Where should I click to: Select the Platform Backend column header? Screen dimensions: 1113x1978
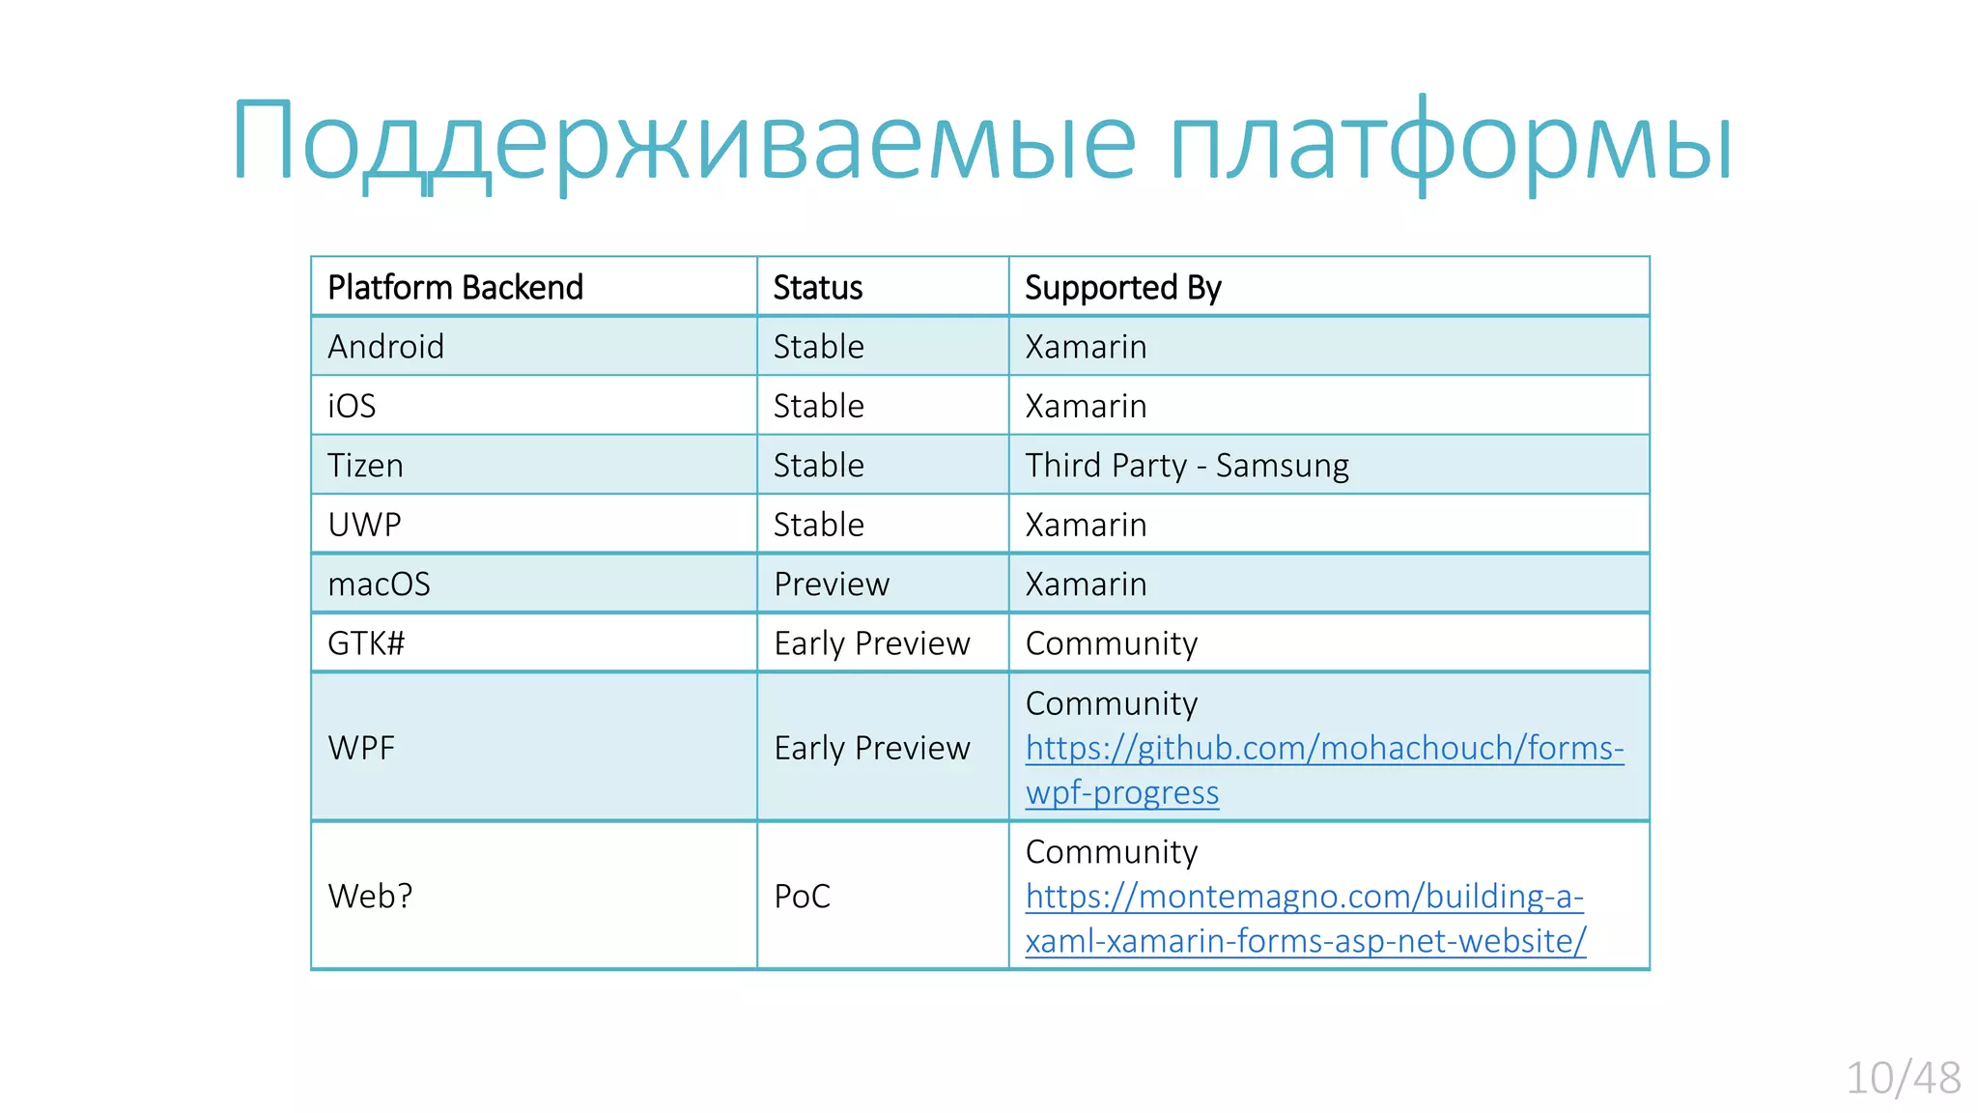click(455, 288)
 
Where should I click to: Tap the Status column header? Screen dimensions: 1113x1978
click(817, 288)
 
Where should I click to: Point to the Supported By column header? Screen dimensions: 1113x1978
click(1122, 288)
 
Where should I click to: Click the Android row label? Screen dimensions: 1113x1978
click(385, 347)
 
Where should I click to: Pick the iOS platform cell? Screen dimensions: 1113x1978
click(352, 406)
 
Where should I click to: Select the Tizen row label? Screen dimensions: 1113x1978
click(365, 466)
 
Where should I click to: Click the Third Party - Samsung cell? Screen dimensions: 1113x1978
click(1186, 466)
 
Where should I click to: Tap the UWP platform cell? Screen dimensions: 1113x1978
click(364, 525)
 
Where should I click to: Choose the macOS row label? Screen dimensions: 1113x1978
click(379, 585)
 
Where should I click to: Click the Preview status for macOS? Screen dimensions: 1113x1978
click(831, 585)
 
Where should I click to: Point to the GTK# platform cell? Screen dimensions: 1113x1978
click(366, 643)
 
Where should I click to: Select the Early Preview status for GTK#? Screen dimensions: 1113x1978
click(871, 643)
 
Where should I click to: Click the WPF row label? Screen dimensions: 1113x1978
click(361, 748)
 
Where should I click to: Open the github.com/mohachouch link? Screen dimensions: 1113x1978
click(1323, 749)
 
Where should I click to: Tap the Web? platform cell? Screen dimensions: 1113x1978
click(370, 897)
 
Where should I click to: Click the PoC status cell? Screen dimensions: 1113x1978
click(802, 897)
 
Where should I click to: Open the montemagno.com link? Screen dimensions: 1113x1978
click(1304, 898)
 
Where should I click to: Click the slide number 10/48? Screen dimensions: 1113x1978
click(1903, 1078)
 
